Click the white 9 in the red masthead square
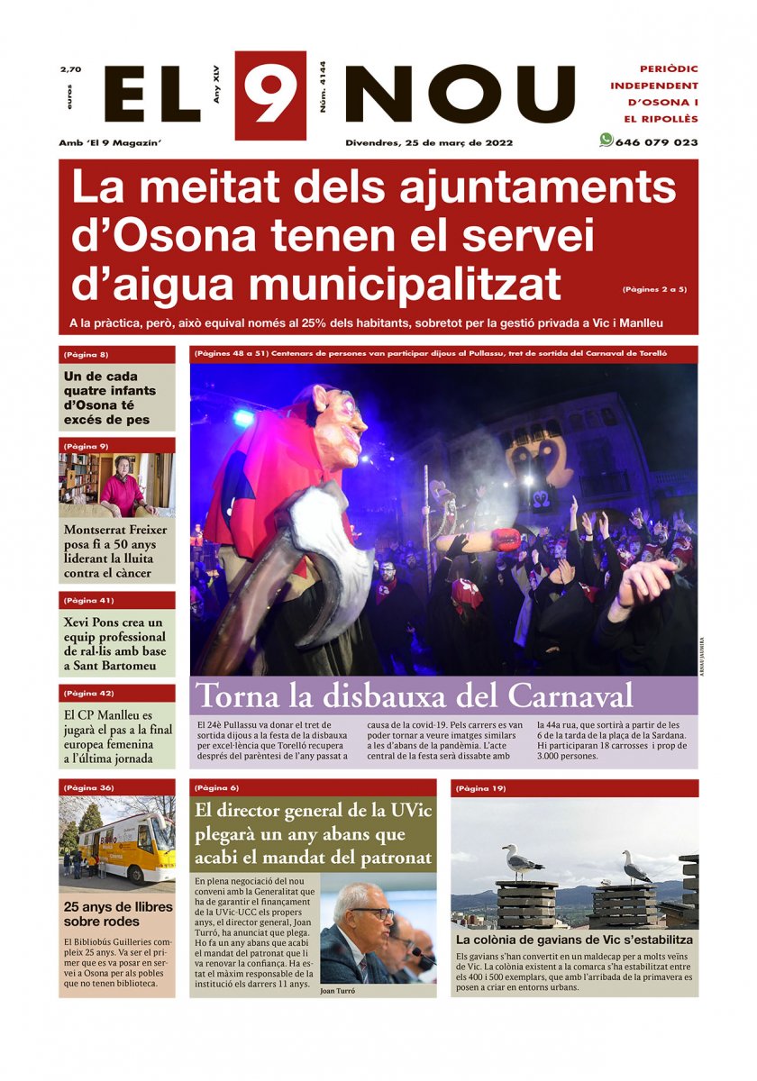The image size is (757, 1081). (x=270, y=95)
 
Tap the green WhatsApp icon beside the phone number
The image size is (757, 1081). (x=606, y=141)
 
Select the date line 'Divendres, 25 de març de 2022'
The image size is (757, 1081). (x=429, y=142)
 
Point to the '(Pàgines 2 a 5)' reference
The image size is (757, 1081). (x=654, y=289)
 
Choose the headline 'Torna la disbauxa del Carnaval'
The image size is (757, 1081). (x=415, y=696)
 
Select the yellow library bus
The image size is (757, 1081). (x=126, y=847)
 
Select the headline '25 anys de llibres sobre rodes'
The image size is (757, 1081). (x=101, y=914)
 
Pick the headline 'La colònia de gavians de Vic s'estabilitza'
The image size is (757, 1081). (x=574, y=940)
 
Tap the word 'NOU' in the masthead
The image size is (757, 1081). (x=460, y=95)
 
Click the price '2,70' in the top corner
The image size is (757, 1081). (x=70, y=69)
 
